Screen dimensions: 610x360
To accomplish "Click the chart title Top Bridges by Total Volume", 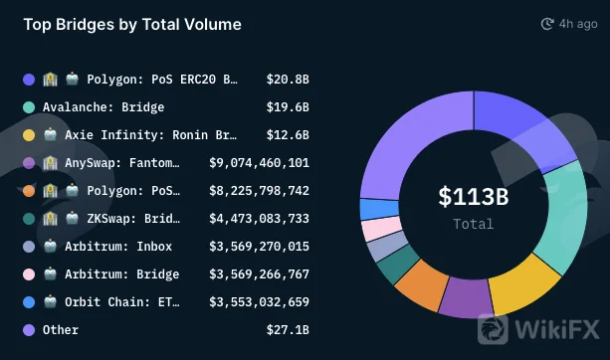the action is click(x=132, y=25).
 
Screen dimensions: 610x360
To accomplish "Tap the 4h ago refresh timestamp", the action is click(x=569, y=24).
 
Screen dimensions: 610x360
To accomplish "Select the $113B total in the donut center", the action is click(x=474, y=196).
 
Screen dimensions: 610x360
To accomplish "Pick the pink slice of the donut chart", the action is click(x=381, y=229).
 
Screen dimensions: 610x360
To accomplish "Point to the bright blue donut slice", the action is click(x=379, y=209).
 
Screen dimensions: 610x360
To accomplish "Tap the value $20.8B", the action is click(x=288, y=80).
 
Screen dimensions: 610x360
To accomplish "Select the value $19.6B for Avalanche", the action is click(x=288, y=107).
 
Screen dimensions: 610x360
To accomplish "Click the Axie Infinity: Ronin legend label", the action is click(x=150, y=135).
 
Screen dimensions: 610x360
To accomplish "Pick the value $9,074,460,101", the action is click(x=259, y=163).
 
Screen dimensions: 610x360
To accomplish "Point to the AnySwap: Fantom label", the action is click(x=122, y=163).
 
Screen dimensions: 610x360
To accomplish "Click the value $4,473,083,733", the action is click(x=259, y=219).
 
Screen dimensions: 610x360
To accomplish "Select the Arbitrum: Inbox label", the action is click(x=118, y=247).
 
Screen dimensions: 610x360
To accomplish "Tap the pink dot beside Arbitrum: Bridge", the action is click(x=29, y=274).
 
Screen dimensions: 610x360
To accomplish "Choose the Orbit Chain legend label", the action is click(x=122, y=302).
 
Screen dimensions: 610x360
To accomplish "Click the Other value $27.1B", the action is click(x=288, y=330).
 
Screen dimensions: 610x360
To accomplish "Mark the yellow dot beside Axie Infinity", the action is click(x=29, y=135).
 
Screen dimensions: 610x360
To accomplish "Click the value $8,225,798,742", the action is click(x=259, y=191).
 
